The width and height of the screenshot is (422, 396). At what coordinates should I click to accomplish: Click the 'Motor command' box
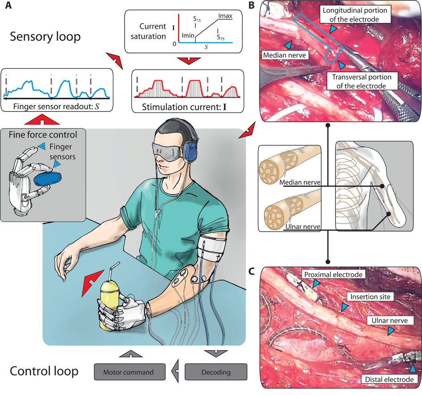(130, 372)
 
